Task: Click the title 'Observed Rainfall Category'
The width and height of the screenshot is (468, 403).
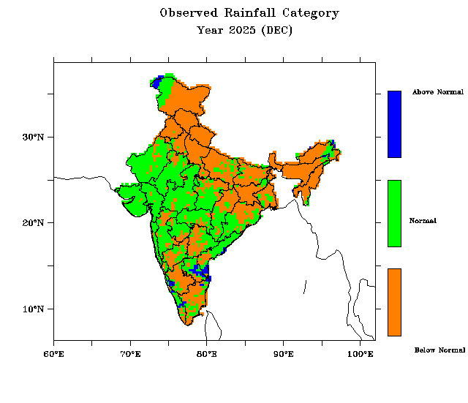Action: pyautogui.click(x=249, y=13)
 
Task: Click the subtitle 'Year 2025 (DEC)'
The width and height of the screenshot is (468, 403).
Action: pyautogui.click(x=244, y=31)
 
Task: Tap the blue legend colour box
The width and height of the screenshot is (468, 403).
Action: pyautogui.click(x=394, y=124)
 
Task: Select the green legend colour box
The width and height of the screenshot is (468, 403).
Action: pyautogui.click(x=394, y=213)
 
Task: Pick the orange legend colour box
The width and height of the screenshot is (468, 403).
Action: pyautogui.click(x=394, y=301)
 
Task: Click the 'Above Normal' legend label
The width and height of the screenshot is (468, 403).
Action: pyautogui.click(x=437, y=92)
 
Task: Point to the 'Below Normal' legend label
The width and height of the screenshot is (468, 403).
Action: pyautogui.click(x=439, y=350)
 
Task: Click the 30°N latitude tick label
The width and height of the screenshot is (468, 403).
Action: pyautogui.click(x=33, y=137)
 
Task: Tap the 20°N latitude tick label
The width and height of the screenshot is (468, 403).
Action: pyautogui.click(x=33, y=222)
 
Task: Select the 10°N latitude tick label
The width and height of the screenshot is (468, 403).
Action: pyautogui.click(x=33, y=309)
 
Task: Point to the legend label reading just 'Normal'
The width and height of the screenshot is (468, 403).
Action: pyautogui.click(x=423, y=221)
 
